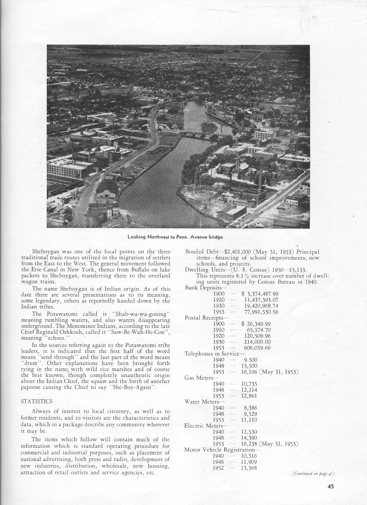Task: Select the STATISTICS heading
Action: (x=37, y=401)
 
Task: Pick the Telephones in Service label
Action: (x=211, y=354)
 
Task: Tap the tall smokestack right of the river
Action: (x=260, y=177)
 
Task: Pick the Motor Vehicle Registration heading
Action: (x=222, y=450)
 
